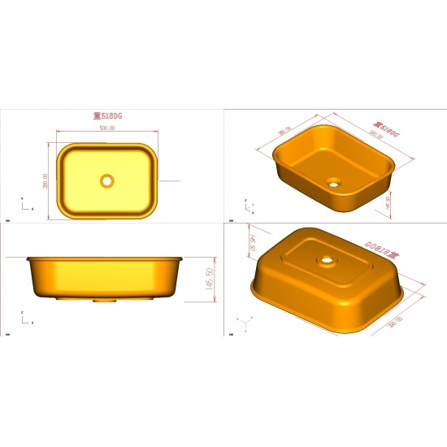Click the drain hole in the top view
[x=106, y=180]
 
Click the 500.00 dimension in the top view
[x=106, y=128]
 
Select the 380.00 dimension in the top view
[x=46, y=180]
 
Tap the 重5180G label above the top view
[x=107, y=116]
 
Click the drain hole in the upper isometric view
[x=334, y=183]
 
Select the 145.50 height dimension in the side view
[x=210, y=277]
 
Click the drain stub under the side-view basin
[x=103, y=299]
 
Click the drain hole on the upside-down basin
[x=327, y=262]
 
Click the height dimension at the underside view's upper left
[x=253, y=241]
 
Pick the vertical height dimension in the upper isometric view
[x=388, y=200]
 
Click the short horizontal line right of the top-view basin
[x=168, y=180]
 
